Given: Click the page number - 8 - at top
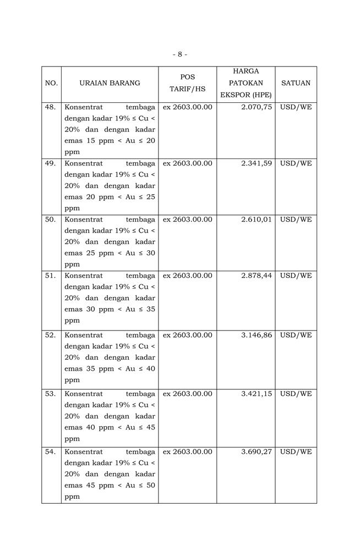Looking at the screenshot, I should tap(179, 54).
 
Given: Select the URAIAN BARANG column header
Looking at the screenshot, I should tap(110, 83).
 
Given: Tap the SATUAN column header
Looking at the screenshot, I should tap(296, 83).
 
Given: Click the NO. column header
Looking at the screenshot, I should tap(51, 83).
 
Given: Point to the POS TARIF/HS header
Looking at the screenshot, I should tap(187, 83).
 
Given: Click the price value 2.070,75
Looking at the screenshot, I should tap(257, 107).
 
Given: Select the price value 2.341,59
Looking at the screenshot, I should tap(257, 163).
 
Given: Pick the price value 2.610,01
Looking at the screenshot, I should tap(257, 219).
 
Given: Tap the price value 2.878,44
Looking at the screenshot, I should tap(257, 276).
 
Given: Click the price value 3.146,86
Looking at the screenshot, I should tap(257, 335).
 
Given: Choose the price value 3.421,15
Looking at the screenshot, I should tap(257, 394).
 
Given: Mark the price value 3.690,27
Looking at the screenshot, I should tap(257, 452).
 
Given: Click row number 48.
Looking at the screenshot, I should tap(51, 107).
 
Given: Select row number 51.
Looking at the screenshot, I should tap(51, 276).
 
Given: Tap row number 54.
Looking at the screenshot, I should tap(51, 452).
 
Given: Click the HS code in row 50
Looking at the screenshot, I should tap(187, 219).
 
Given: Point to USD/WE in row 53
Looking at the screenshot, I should tap(296, 394).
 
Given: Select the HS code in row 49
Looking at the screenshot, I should tap(187, 163).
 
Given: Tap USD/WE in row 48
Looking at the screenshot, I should tap(296, 107).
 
